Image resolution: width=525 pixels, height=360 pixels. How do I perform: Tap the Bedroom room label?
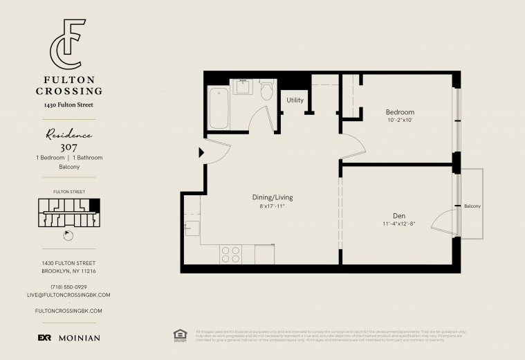400,112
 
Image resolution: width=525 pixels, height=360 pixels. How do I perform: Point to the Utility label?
295,100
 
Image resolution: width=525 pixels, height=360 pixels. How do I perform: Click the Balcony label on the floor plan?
472,206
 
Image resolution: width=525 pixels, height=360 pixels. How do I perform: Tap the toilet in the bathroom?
267,91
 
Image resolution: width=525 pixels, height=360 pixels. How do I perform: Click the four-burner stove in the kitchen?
230,254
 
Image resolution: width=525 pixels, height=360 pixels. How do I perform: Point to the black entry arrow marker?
202,152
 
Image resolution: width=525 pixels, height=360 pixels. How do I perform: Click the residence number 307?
68,147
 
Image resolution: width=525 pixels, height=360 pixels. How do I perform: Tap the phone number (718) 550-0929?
68,287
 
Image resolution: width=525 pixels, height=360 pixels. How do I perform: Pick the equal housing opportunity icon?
180,335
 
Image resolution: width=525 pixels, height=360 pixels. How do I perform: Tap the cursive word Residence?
68,134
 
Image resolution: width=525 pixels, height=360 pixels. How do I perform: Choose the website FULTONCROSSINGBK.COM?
68,312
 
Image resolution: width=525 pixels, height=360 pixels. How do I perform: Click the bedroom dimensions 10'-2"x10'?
400,120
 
